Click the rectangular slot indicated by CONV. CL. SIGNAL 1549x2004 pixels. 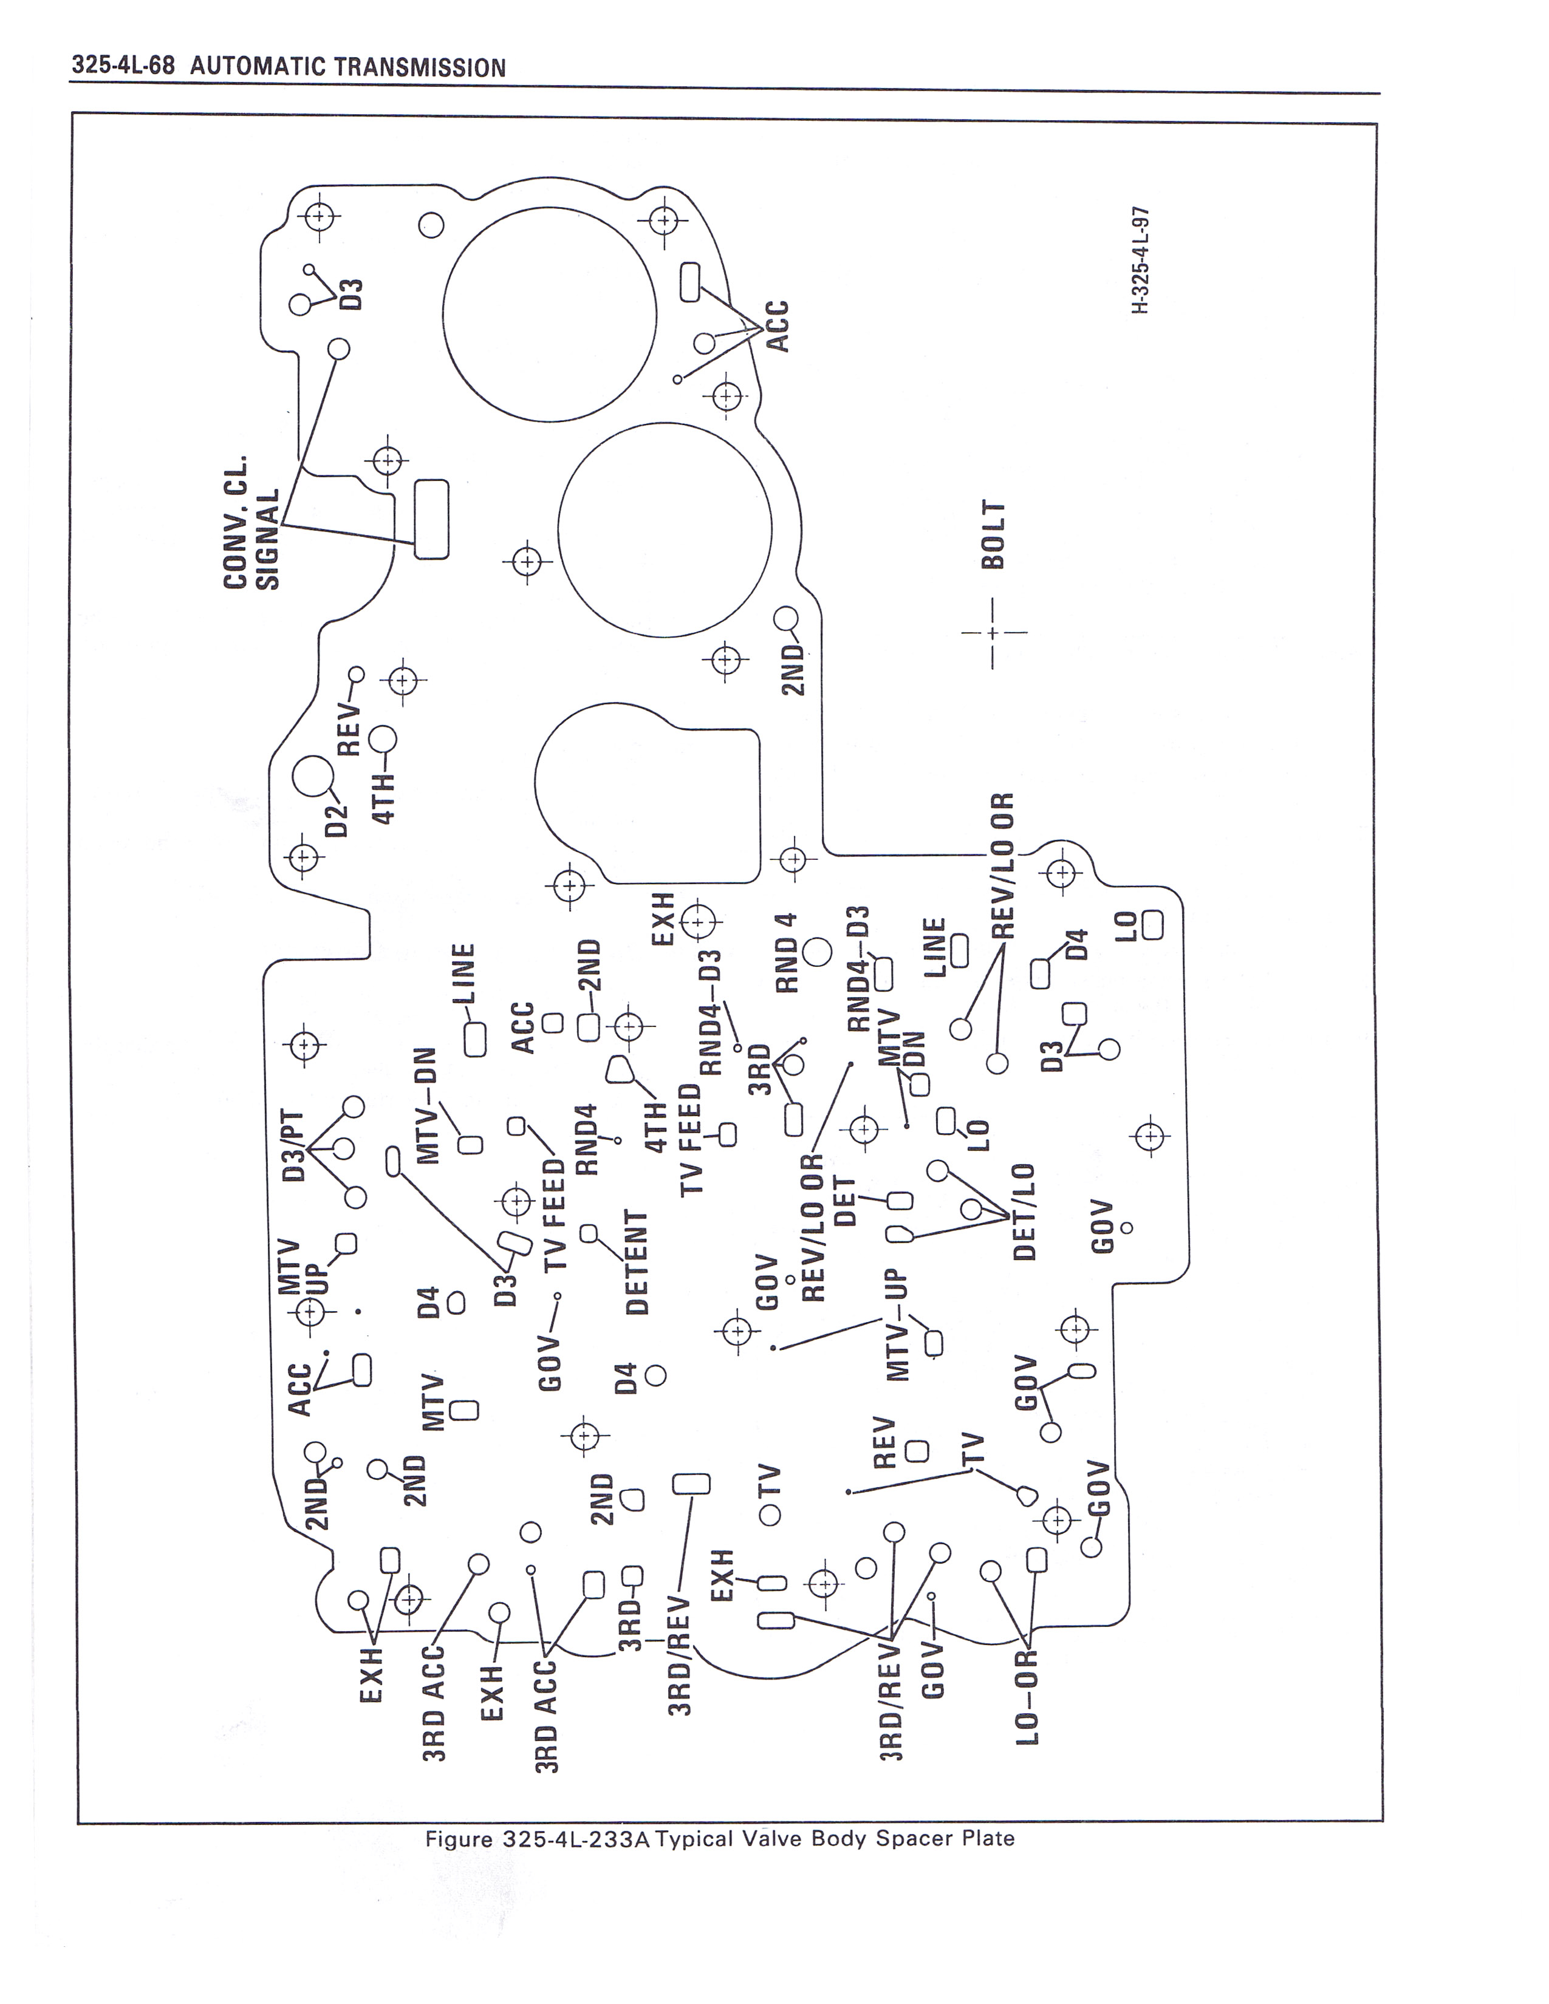(431, 519)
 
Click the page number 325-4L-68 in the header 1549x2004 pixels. (128, 67)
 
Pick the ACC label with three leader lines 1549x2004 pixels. (778, 325)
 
